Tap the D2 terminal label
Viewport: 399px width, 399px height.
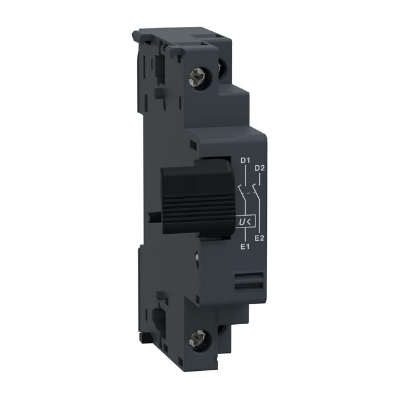coord(261,168)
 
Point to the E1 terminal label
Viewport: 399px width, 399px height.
coord(245,246)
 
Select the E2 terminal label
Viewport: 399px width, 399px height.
coord(261,238)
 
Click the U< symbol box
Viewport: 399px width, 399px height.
coord(245,221)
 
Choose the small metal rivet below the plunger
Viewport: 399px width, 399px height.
coord(198,254)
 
